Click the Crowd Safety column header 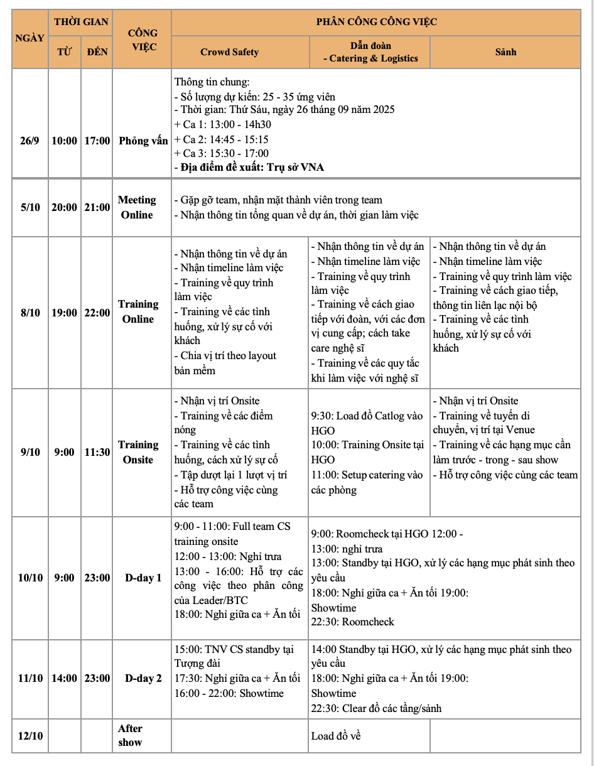[x=229, y=52]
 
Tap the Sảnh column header [x=505, y=52]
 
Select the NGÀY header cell [x=30, y=38]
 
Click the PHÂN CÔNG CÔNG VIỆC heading [x=376, y=22]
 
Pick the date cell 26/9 [x=30, y=141]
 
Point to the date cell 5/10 [x=30, y=207]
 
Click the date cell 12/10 [x=30, y=735]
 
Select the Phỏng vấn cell [x=143, y=141]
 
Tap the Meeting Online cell [x=137, y=207]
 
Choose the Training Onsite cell [x=138, y=452]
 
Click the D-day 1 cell [x=143, y=578]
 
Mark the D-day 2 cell [x=143, y=678]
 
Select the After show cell [x=131, y=735]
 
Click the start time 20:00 [x=64, y=207]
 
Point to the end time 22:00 [x=97, y=313]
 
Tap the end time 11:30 [x=97, y=452]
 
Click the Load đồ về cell [x=336, y=736]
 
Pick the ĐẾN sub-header [x=97, y=52]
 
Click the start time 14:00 [x=64, y=678]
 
